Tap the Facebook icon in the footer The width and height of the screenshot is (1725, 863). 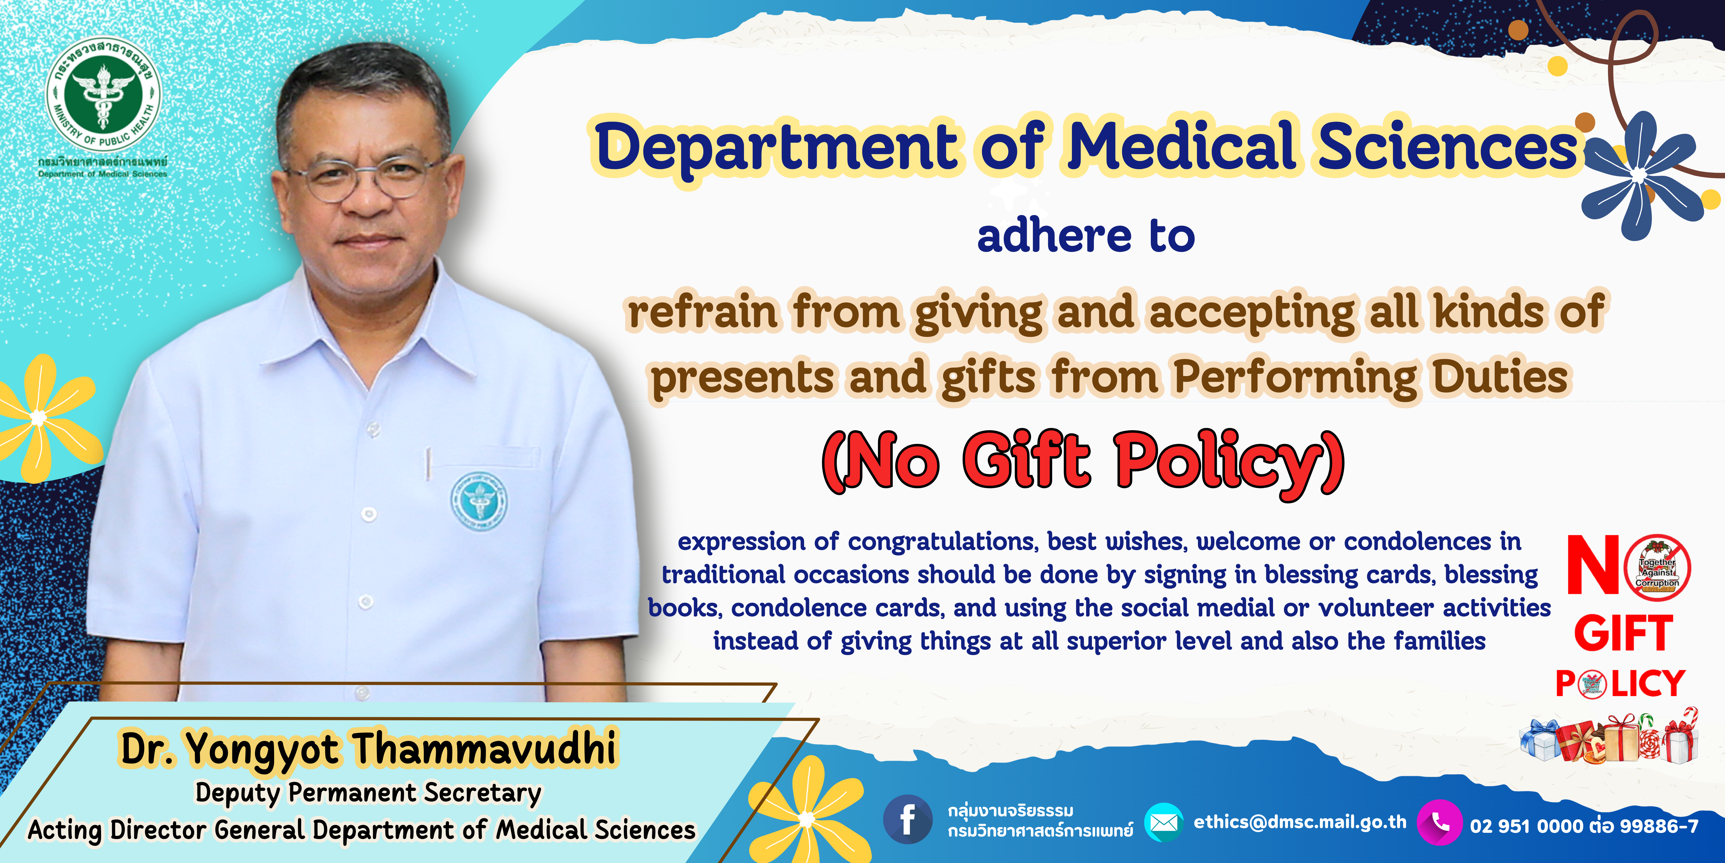coord(907,820)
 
